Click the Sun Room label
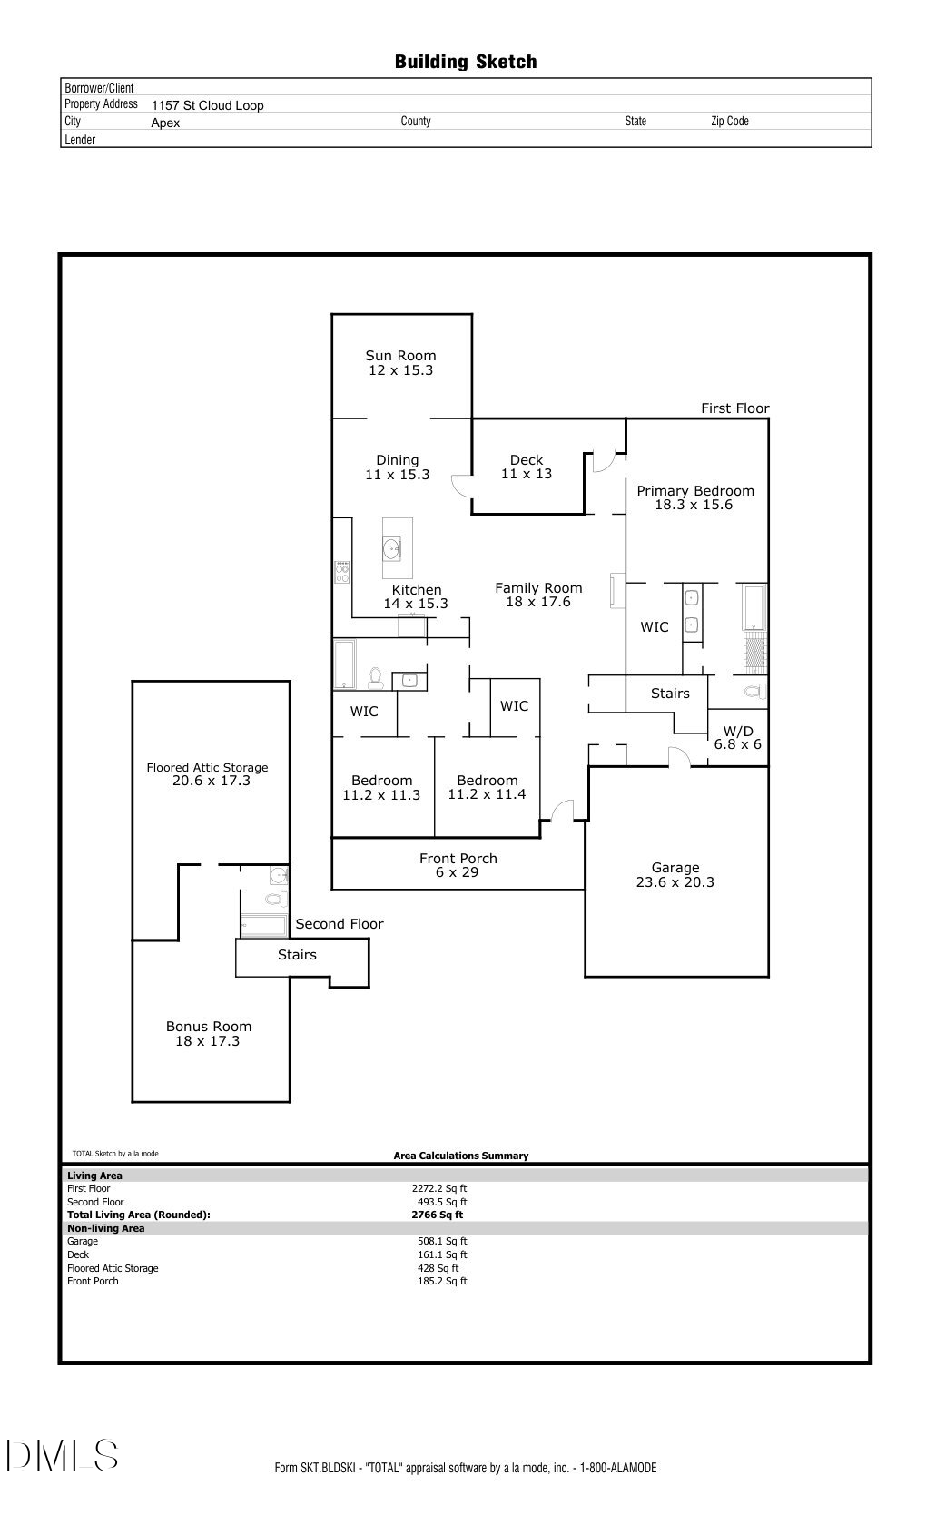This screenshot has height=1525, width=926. coord(400,356)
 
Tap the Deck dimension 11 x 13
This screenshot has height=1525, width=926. coord(527,474)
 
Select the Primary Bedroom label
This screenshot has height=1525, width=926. coord(695,491)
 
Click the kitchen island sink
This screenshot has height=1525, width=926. coord(392,548)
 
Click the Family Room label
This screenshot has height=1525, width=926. coord(538,588)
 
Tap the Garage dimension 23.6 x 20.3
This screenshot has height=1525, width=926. coord(675,882)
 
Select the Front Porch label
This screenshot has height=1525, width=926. coord(458,859)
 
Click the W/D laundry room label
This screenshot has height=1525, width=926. coord(738,732)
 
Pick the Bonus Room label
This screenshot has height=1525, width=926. coord(209,1027)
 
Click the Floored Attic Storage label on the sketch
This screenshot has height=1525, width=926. coord(208,768)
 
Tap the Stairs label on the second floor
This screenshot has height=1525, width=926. coord(297,955)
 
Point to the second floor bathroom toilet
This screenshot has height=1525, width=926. coord(275,900)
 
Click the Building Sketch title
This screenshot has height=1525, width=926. coord(466,62)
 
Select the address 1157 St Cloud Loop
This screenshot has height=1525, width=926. coord(208,105)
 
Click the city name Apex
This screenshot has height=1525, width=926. coord(165,123)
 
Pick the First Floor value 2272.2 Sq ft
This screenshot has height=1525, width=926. coord(439,1188)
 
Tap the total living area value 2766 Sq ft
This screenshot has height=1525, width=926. coord(438,1215)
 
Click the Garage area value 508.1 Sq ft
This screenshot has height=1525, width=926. coord(442,1241)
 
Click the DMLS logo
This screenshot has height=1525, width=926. coord(62,1455)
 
